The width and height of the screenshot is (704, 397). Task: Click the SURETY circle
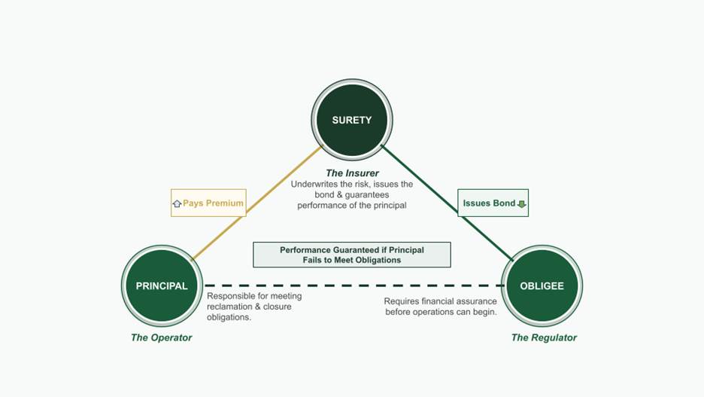click(351, 120)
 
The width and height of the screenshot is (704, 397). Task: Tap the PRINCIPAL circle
click(162, 286)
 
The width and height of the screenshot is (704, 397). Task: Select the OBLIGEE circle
click(542, 286)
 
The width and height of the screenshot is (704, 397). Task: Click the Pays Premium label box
click(208, 203)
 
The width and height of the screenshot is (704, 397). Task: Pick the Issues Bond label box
click(493, 203)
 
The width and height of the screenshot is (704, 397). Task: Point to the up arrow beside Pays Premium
click(177, 203)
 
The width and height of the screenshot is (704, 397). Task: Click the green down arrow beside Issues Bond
click(521, 203)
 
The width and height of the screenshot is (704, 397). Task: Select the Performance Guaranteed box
click(351, 255)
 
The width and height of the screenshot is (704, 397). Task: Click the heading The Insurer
click(352, 173)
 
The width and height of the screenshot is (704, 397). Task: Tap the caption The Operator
click(161, 337)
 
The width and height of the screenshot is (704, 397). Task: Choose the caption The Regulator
click(544, 337)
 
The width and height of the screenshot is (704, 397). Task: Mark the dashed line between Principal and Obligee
click(354, 286)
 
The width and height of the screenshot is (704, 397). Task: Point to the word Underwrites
click(315, 184)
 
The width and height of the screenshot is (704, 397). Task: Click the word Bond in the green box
click(503, 203)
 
